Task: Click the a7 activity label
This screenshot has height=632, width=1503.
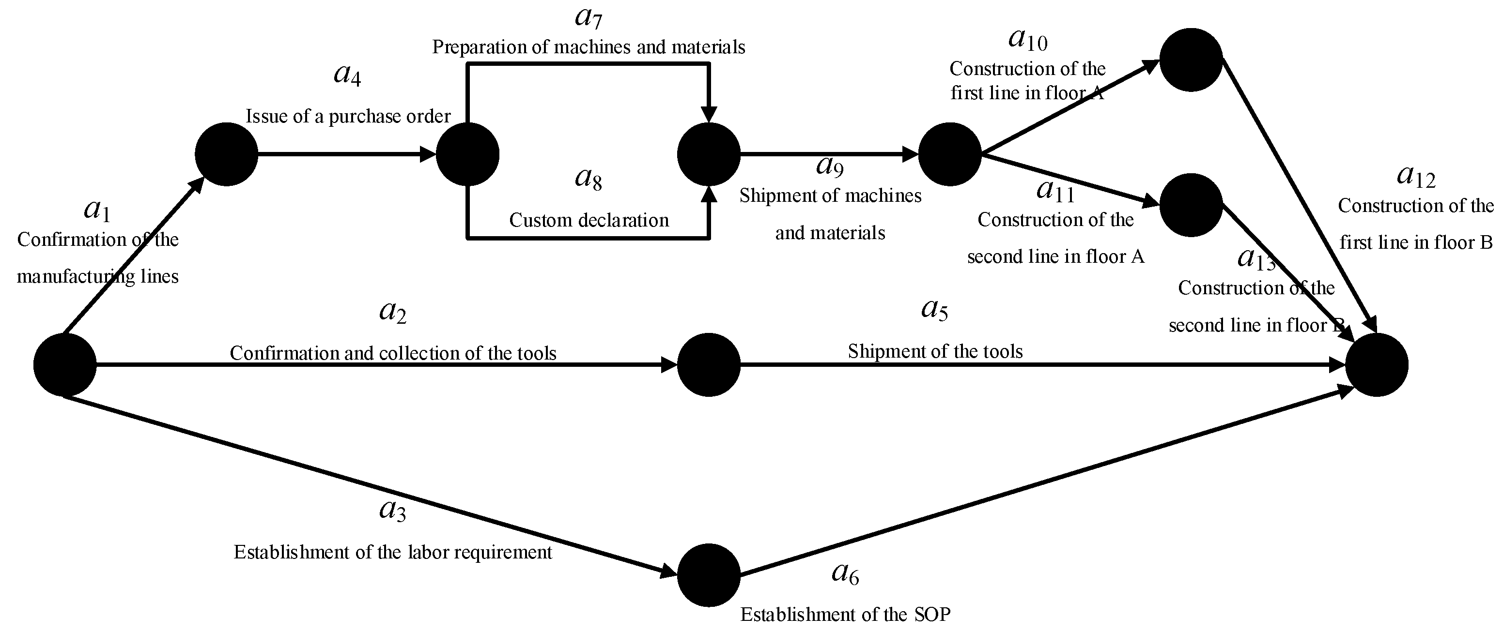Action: [588, 17]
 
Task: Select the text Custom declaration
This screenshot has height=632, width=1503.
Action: [589, 220]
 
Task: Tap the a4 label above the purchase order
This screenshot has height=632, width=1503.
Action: [347, 75]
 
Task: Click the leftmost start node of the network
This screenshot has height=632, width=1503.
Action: [65, 365]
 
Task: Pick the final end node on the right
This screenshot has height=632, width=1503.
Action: [1377, 365]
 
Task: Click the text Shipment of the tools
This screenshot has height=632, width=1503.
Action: [935, 351]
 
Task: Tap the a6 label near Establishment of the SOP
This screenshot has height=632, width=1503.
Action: [845, 574]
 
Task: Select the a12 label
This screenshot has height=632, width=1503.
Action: [1416, 176]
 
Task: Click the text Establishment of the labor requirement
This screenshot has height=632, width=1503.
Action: [393, 552]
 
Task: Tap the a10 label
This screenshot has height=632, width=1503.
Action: [1027, 40]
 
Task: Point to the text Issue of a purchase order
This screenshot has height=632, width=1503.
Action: [348, 117]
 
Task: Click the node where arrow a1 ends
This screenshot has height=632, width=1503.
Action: [226, 154]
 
